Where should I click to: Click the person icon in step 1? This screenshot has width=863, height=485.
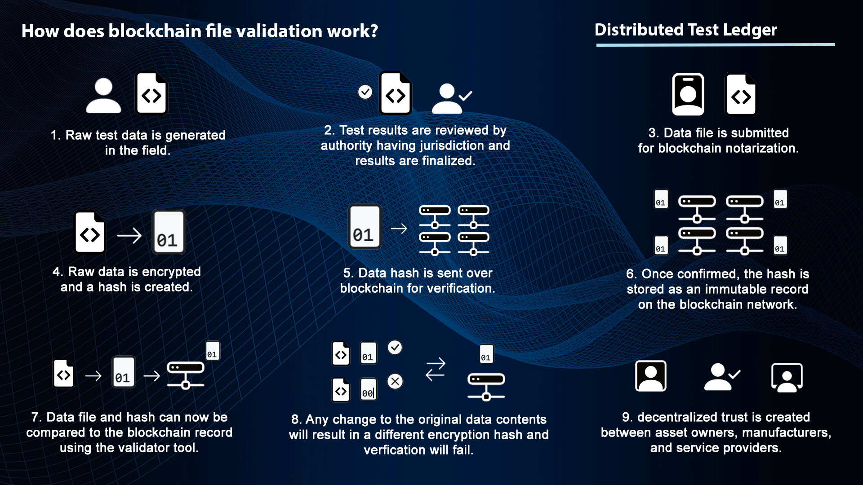(103, 95)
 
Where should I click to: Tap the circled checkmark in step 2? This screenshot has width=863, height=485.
(365, 92)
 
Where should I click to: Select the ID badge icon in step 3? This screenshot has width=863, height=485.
(688, 94)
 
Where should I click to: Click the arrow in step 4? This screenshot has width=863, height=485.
(129, 236)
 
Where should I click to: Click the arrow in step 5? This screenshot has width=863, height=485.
(399, 229)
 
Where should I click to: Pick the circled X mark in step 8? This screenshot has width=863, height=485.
(395, 381)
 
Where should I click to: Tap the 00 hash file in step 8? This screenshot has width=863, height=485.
(368, 389)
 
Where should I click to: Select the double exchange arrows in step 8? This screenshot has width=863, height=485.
(435, 369)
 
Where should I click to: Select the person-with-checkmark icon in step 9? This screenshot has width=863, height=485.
(721, 376)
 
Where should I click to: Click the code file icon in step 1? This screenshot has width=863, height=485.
(151, 93)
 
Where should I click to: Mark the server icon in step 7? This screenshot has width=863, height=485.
(186, 375)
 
